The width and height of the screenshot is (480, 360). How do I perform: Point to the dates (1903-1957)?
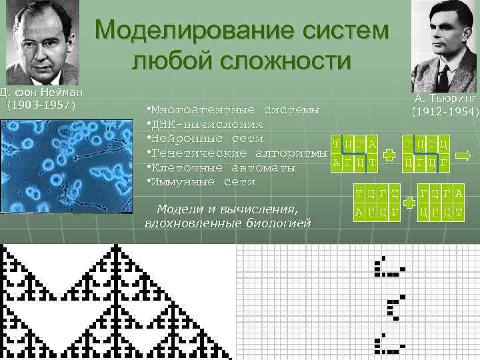(41, 105)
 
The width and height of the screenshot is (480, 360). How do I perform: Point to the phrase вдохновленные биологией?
(227, 222)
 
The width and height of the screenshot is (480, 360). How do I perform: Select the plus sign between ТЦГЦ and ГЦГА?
(409, 203)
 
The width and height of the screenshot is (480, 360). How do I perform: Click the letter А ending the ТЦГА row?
(372, 145)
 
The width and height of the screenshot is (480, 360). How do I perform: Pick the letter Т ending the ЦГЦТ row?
(458, 212)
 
